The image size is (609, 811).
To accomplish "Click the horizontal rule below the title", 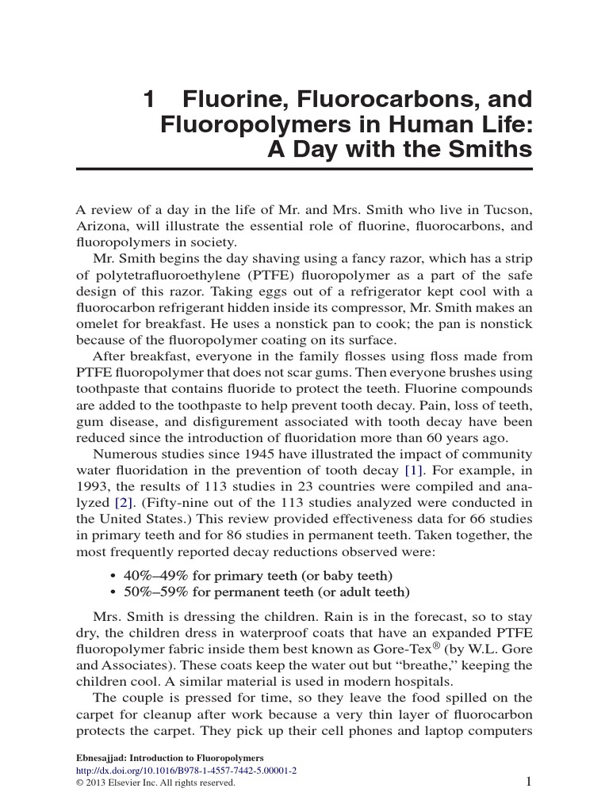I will [304, 169].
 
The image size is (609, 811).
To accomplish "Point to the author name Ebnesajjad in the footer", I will [101, 757].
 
